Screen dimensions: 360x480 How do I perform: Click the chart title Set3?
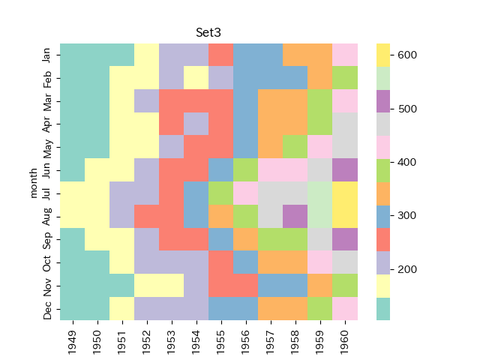208,32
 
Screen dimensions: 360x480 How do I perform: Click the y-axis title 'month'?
33,182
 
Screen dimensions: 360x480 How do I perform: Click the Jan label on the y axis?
47,55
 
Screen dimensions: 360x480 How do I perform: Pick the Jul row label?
47,193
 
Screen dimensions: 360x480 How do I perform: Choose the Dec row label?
47,309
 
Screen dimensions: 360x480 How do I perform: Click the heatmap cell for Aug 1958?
295,217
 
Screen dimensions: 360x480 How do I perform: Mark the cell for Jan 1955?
221,55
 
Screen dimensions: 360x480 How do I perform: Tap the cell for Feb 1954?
196,78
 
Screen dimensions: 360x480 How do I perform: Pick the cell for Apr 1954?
196,124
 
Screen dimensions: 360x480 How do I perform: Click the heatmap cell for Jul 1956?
246,193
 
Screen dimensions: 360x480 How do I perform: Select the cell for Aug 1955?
221,217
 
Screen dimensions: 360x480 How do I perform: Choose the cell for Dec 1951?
122,309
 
